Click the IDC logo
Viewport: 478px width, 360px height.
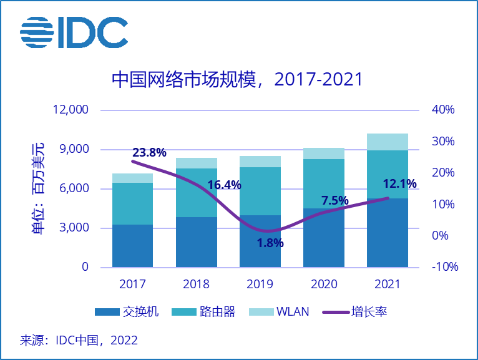tap(74, 32)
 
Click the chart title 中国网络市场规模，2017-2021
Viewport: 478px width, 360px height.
tap(237, 80)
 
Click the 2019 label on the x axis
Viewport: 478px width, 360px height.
tap(260, 285)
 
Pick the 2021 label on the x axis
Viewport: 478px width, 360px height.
tap(387, 285)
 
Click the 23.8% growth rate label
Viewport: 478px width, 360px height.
tap(149, 152)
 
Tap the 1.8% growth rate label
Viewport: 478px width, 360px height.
tap(270, 243)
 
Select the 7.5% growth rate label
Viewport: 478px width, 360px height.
tap(334, 200)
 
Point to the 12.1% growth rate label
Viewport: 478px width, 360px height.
tap(399, 183)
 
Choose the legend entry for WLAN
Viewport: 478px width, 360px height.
tap(278, 311)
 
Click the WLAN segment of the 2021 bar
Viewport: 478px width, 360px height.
tap(387, 142)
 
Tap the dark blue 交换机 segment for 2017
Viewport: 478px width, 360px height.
tap(133, 246)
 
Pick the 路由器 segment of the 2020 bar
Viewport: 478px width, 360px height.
tap(323, 183)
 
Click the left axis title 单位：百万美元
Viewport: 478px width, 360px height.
tap(39, 188)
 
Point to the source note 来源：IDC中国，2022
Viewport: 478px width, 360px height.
tap(79, 341)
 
